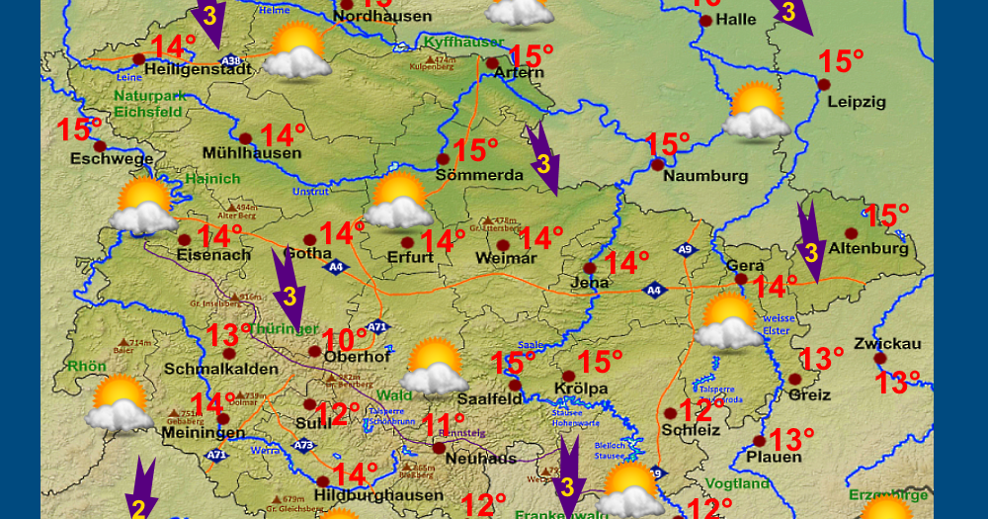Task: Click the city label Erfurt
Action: [x=410, y=258]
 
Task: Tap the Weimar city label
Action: [x=505, y=259]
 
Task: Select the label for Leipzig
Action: [x=857, y=102]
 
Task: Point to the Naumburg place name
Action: [x=705, y=176]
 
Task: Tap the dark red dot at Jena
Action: [x=590, y=268]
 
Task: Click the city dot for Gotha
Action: [x=309, y=239]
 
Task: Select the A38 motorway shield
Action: [x=230, y=60]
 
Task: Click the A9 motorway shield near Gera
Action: [x=686, y=251]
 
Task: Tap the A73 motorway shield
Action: [x=303, y=446]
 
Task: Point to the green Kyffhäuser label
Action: [x=463, y=43]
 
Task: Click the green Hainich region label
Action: [x=212, y=179]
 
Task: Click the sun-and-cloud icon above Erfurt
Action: [x=399, y=200]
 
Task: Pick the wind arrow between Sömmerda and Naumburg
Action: [x=541, y=158]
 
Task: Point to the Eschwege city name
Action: [x=112, y=159]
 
